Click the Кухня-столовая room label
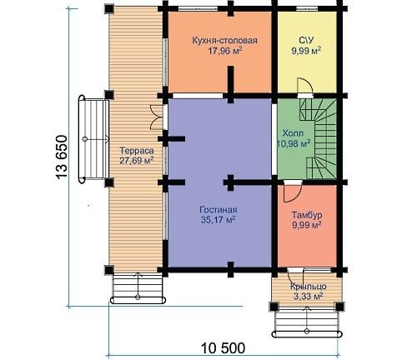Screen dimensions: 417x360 click(224, 41)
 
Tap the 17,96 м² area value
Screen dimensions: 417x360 click(224, 51)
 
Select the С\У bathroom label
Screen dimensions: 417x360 click(306, 41)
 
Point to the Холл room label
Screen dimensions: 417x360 click(293, 133)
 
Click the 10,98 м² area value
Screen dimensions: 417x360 click(294, 143)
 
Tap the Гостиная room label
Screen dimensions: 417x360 click(219, 210)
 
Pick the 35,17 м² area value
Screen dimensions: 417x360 click(219, 220)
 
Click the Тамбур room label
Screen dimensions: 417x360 click(307, 215)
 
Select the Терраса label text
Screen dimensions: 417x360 click(137, 151)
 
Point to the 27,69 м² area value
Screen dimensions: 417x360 click(137, 161)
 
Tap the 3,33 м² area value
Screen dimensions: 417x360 click(308, 297)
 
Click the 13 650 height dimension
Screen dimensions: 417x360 click(62, 157)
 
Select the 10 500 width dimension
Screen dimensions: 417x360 click(223, 348)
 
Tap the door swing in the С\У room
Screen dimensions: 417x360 click(305, 86)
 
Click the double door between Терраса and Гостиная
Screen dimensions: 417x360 click(156, 117)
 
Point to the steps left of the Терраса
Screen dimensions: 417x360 click(93, 139)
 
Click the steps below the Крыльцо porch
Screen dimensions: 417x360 click(307, 322)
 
